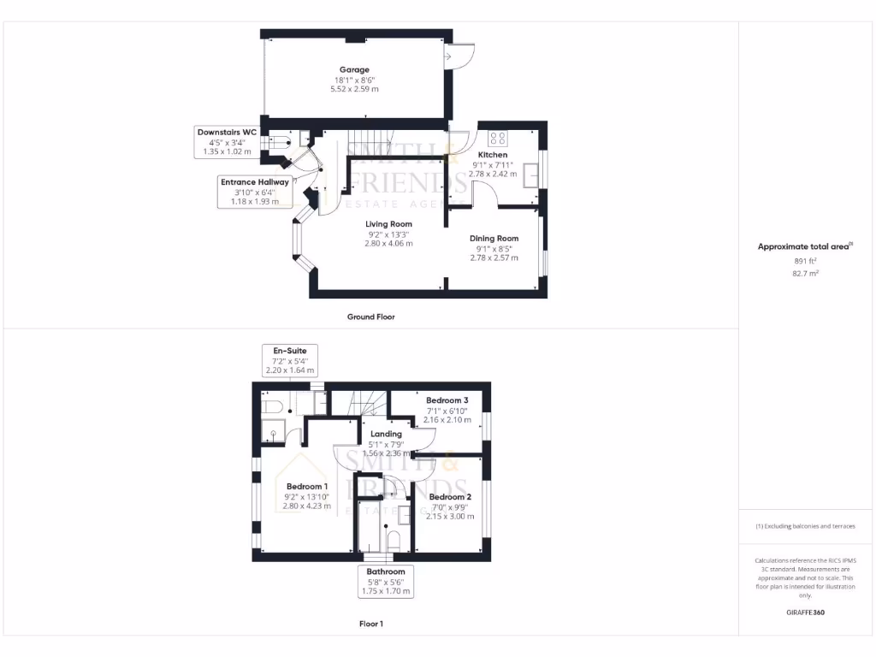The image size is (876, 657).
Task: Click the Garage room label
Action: click(353, 70)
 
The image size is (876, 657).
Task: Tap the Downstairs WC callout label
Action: click(227, 133)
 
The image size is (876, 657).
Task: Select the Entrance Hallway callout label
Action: click(255, 181)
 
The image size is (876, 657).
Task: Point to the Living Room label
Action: click(389, 224)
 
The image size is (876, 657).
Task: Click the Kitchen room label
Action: click(493, 155)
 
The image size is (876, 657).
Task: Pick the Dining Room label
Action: click(494, 239)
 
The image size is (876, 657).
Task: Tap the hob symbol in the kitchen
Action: click(497, 137)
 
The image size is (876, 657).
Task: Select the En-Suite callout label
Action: click(289, 351)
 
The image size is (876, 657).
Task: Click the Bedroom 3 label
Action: click(447, 400)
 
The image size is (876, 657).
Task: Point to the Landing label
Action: click(386, 434)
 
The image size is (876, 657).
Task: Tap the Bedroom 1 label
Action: click(307, 487)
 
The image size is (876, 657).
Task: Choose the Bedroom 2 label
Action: click(450, 497)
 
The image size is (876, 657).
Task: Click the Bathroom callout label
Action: click(386, 571)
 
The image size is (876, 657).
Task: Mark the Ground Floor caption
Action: click(370, 317)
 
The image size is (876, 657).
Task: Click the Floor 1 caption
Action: click(370, 624)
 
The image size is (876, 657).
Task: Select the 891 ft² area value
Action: click(806, 260)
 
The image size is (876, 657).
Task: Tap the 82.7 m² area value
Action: click(806, 274)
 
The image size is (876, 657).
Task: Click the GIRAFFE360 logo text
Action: click(805, 613)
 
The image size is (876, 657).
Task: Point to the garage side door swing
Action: click(463, 56)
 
